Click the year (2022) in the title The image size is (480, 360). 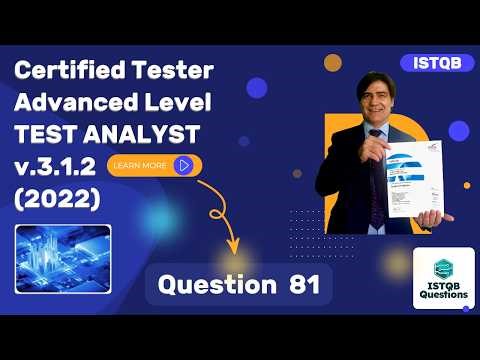(x=57, y=198)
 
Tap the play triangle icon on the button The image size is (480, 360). (x=183, y=165)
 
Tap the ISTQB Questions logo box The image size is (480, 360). (x=443, y=278)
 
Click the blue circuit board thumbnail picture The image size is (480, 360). (x=63, y=258)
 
